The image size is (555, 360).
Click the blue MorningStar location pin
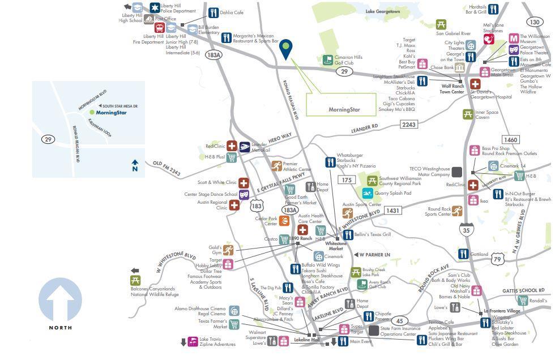point(286,48)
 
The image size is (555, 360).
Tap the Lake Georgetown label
point(382,11)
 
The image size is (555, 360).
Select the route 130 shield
point(534,22)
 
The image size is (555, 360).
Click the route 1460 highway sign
point(510,140)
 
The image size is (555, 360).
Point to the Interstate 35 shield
point(466,229)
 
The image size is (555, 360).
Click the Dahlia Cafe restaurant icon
point(213,12)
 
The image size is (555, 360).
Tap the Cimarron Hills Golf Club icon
point(327,59)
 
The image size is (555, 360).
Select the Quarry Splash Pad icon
point(367,193)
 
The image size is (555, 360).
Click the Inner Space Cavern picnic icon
point(468,114)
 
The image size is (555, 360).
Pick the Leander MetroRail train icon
point(245,147)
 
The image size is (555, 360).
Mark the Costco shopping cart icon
point(284,239)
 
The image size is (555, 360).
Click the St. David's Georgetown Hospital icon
point(475,84)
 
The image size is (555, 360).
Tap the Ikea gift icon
point(473,200)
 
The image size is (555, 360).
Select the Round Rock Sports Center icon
point(457,211)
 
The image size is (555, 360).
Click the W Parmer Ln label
point(374,255)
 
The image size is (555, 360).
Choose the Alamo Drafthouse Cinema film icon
point(234,311)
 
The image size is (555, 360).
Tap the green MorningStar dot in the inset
point(92,113)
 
